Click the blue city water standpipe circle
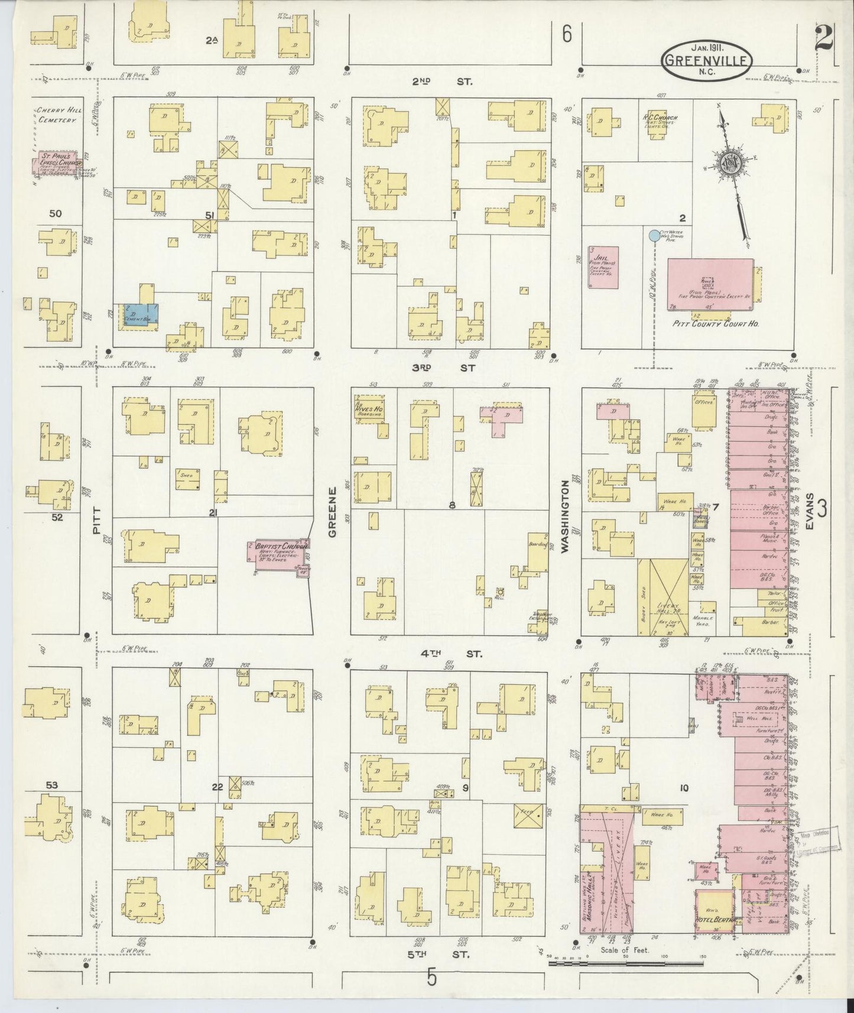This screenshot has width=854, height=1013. coord(654,236)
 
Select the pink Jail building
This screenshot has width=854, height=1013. coord(603,267)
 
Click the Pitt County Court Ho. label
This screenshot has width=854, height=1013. coord(716,324)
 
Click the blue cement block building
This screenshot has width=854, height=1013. coord(141,314)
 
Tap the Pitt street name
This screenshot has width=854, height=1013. coord(97,520)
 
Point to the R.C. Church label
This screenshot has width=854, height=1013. coord(660,118)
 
